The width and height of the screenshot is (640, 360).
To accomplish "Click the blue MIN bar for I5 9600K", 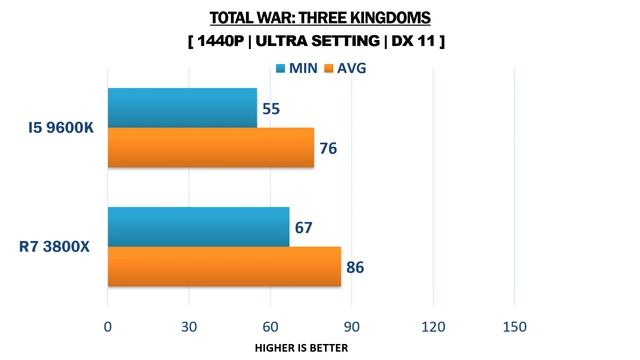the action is (x=182, y=108).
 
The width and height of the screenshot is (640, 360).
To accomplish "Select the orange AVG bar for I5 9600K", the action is (x=211, y=147).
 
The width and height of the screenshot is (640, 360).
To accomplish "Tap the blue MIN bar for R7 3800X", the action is (x=199, y=227).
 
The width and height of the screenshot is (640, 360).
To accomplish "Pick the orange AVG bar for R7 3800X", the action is (x=224, y=267).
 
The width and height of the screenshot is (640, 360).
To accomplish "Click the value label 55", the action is (x=271, y=109).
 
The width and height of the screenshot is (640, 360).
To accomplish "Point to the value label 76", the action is (x=328, y=148).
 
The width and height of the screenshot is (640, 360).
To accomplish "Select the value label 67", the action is (x=303, y=228).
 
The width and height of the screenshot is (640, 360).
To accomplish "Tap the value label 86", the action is (x=355, y=267).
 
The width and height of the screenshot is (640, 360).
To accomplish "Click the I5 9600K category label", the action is (x=61, y=128).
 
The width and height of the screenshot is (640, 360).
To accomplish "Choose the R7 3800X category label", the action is (x=54, y=247).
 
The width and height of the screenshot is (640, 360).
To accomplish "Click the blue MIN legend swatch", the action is (x=280, y=68).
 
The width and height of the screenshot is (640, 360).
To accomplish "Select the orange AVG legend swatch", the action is (x=329, y=68).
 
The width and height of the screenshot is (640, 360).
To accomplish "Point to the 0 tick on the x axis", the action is (x=108, y=327).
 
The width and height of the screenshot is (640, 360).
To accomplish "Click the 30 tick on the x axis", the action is (x=189, y=327).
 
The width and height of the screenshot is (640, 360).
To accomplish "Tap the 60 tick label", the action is (x=270, y=327).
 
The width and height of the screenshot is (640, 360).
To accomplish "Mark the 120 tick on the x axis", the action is (x=433, y=327).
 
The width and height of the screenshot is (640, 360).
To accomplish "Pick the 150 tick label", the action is (x=515, y=327).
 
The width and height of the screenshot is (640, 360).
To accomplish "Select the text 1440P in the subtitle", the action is (x=220, y=41).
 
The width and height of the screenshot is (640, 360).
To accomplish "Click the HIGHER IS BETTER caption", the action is (x=302, y=348).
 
